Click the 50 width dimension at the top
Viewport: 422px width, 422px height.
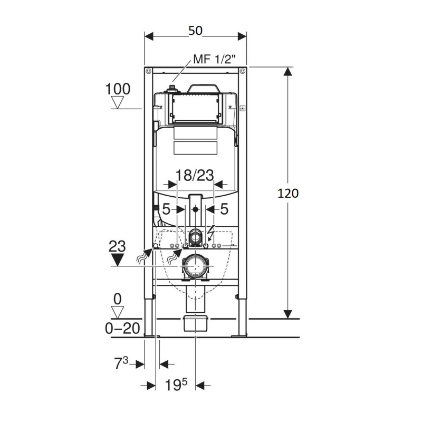(195, 31)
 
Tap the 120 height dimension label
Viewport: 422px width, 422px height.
(288, 194)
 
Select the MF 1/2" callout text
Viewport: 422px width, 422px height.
(215, 59)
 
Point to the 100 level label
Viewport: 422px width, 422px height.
(118, 89)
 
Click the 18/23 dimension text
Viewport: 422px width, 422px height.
(195, 175)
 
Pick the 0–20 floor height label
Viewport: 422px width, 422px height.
(122, 328)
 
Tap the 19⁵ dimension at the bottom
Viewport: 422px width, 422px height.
(176, 385)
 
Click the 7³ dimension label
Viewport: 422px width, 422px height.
(122, 363)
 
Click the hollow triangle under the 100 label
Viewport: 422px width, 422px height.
(117, 102)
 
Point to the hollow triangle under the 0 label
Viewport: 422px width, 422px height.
(117, 312)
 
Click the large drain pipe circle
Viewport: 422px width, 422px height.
(195, 266)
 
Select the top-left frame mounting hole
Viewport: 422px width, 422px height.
(149, 71)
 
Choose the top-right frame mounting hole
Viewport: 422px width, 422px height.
(242, 71)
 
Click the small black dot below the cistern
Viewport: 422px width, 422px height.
(195, 209)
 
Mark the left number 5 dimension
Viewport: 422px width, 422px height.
(166, 209)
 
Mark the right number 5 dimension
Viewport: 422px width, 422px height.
(224, 209)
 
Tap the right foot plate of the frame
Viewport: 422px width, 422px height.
(239, 335)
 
